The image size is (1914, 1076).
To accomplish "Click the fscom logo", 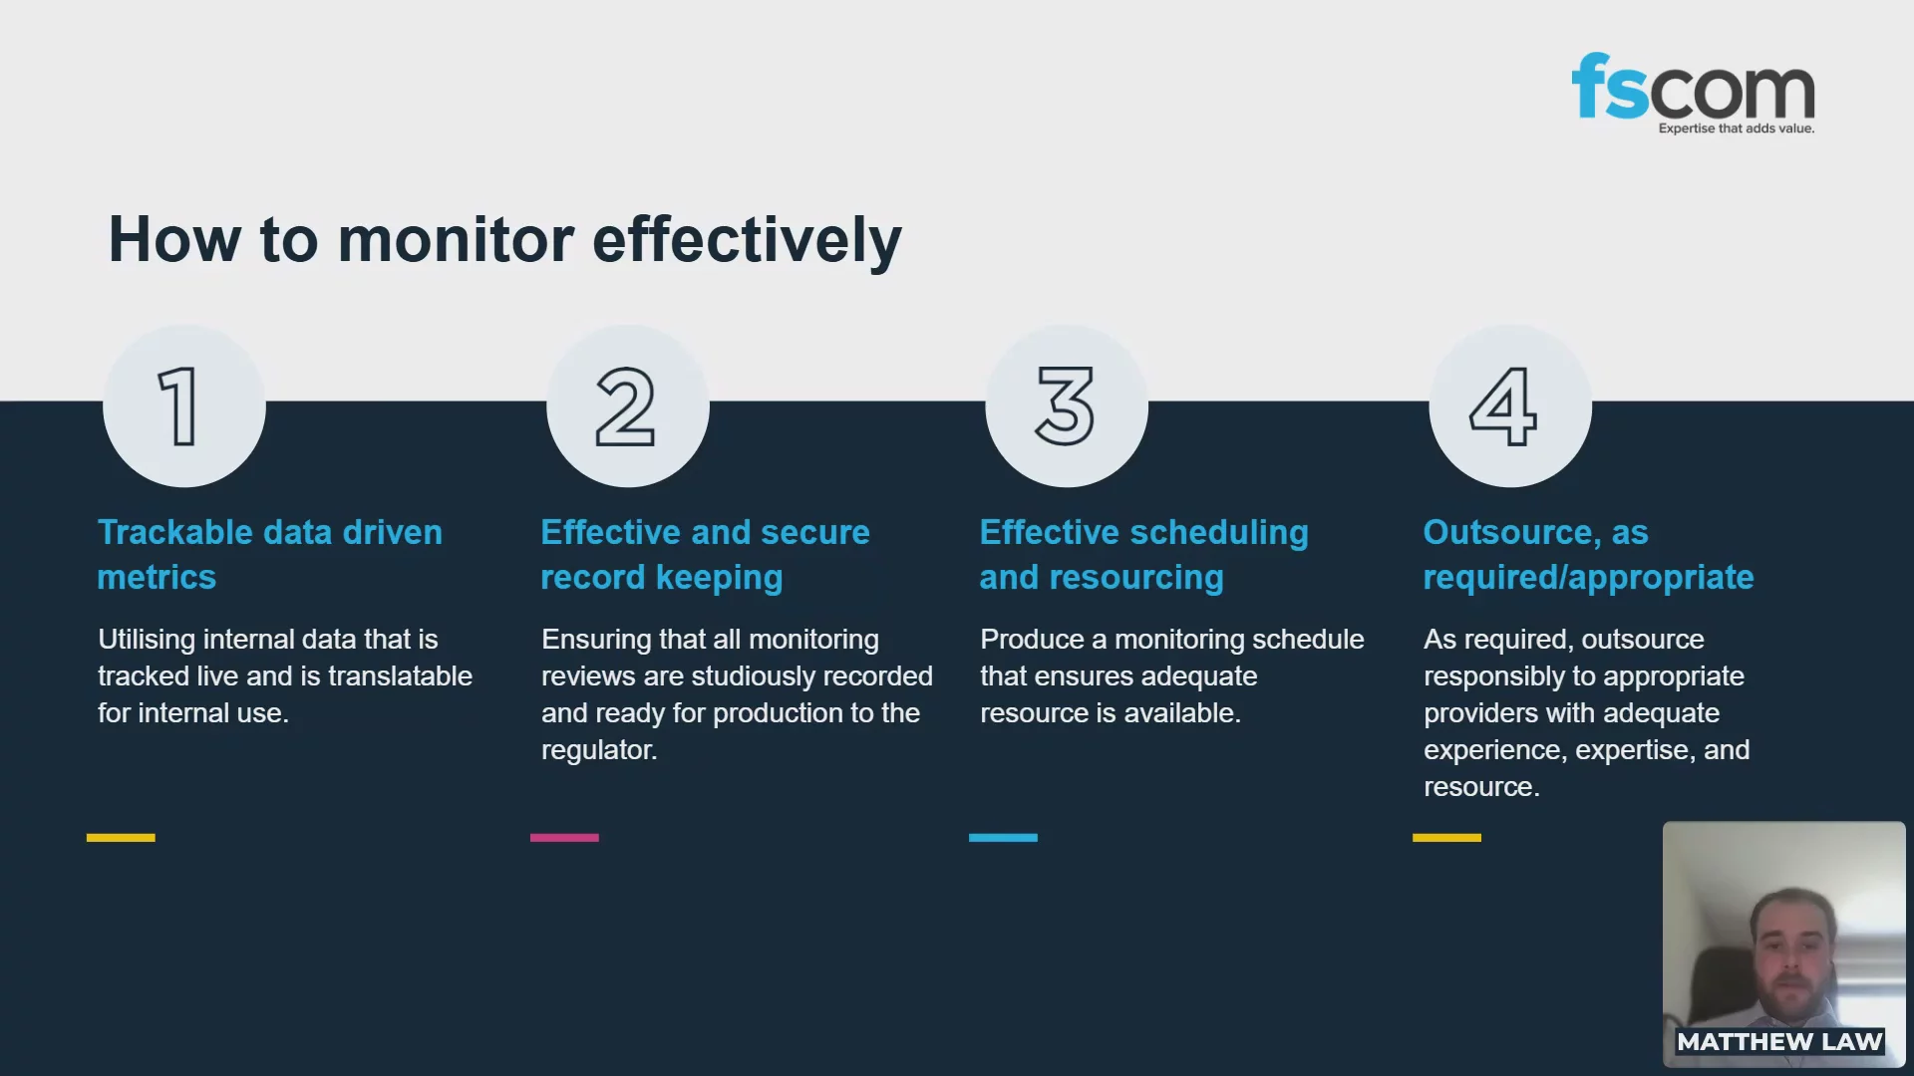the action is (1693, 93).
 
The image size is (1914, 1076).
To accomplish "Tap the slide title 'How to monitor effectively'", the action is (504, 240).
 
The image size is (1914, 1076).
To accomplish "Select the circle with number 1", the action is (184, 405).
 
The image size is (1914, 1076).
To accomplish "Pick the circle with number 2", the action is (628, 405).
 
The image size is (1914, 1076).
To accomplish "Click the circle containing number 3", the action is (1067, 405).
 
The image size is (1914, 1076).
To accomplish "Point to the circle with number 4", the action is (1510, 405).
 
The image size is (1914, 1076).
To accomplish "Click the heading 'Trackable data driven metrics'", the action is (269, 555).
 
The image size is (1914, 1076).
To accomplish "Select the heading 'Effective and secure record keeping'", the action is (705, 555).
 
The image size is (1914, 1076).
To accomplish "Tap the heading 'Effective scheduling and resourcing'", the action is (1143, 555).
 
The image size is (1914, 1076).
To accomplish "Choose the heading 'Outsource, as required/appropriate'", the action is (1588, 555).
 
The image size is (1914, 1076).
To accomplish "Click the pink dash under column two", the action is (564, 838).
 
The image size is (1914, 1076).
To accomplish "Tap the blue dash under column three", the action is (1003, 838).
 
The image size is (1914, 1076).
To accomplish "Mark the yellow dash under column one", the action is (121, 838).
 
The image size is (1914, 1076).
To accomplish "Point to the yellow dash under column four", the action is (1446, 838).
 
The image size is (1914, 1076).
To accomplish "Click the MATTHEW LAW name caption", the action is (1779, 1042).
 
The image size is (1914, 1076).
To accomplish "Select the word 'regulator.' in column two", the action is (599, 750).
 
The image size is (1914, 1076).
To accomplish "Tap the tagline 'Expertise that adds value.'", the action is (1737, 129).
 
